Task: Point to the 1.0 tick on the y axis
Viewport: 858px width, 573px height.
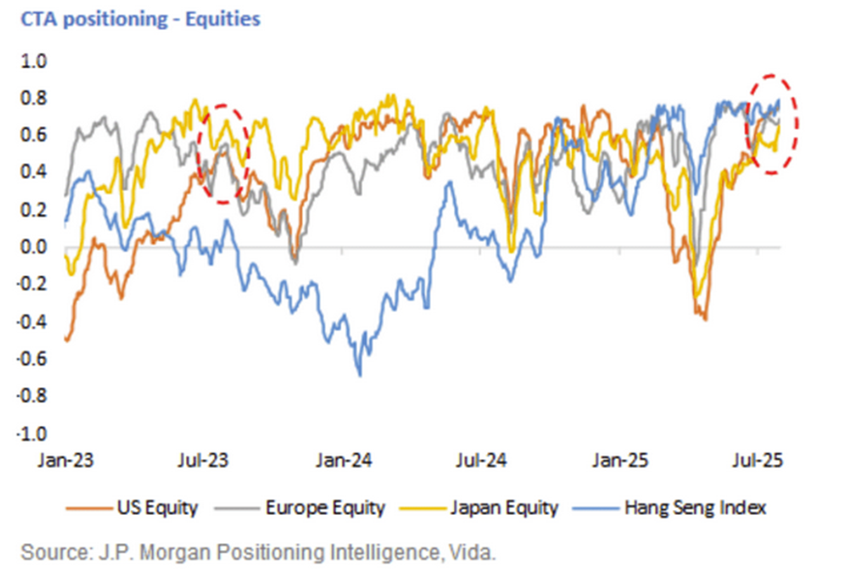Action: (x=36, y=61)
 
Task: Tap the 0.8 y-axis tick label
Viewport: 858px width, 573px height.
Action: (x=36, y=99)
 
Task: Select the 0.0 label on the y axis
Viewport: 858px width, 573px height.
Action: (x=36, y=247)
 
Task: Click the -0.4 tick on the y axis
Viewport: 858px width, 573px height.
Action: (x=33, y=321)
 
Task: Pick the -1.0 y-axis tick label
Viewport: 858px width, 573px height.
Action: (x=33, y=433)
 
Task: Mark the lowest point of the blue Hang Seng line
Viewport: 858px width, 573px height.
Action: (x=360, y=374)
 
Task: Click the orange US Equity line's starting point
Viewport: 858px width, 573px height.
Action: (x=67, y=340)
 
